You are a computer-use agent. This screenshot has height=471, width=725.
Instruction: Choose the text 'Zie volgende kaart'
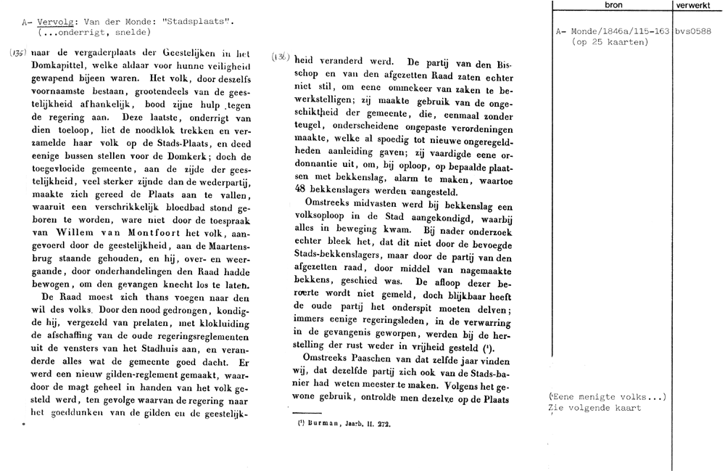[597, 408]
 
